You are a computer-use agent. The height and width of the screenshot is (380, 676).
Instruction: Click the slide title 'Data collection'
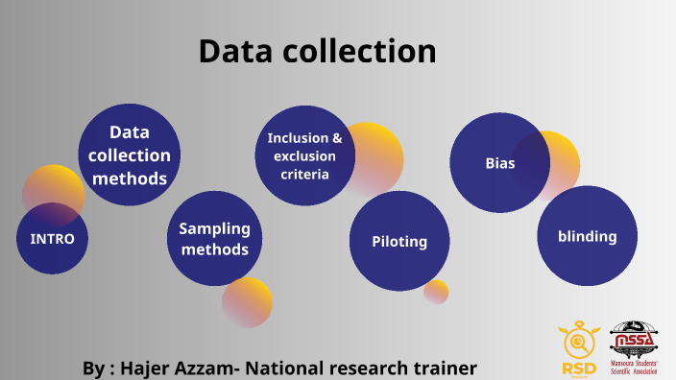point(317,51)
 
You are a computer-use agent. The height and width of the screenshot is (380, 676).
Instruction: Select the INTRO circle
point(52,239)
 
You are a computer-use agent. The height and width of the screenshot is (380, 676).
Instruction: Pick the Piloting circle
point(399,242)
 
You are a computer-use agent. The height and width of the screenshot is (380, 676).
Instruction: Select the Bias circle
point(499,163)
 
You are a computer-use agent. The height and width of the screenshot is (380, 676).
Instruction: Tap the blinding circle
point(588,236)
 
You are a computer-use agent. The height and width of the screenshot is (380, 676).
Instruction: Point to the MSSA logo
point(635,348)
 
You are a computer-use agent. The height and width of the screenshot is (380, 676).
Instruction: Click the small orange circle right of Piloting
point(437,292)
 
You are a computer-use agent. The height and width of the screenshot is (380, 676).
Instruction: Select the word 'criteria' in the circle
point(304,174)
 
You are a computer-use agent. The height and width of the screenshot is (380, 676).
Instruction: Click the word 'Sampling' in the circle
point(214,228)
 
